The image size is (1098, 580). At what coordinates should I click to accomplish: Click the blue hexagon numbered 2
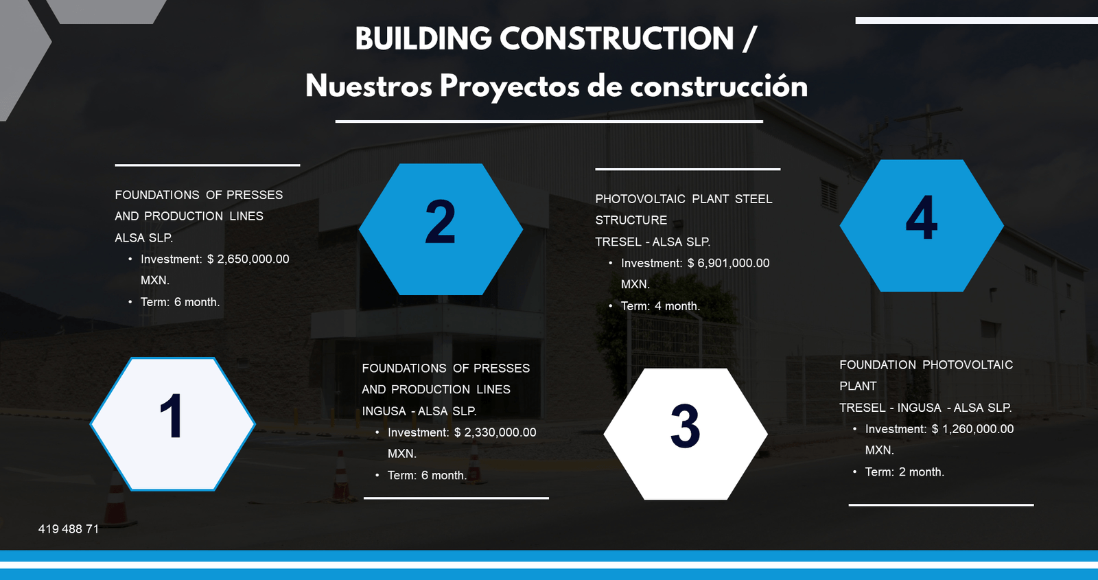point(441,229)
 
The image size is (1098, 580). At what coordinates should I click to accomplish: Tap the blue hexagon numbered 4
point(922,225)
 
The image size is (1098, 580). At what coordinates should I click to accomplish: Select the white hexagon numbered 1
point(172,424)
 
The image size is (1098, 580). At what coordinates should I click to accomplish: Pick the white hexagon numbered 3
point(685,434)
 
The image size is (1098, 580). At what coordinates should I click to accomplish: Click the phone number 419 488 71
point(69,529)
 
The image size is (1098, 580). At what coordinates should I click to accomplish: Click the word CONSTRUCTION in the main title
point(616,39)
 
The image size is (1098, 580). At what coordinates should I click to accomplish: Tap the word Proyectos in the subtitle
point(509,86)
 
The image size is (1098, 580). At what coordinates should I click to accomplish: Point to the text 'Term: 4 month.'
point(660,306)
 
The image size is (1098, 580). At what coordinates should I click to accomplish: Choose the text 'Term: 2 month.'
point(904,472)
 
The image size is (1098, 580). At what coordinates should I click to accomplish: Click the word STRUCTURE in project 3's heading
point(631,220)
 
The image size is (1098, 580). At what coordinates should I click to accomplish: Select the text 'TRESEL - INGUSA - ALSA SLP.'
point(925,408)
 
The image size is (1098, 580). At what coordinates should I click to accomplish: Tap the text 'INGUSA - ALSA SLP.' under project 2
point(419,411)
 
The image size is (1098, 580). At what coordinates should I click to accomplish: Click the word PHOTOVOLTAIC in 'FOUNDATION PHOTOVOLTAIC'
point(968,365)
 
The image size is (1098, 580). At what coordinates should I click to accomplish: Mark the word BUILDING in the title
point(423,39)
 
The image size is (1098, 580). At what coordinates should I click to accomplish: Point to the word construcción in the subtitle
point(719,86)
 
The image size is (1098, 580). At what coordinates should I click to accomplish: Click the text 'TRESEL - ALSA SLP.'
point(653,242)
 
